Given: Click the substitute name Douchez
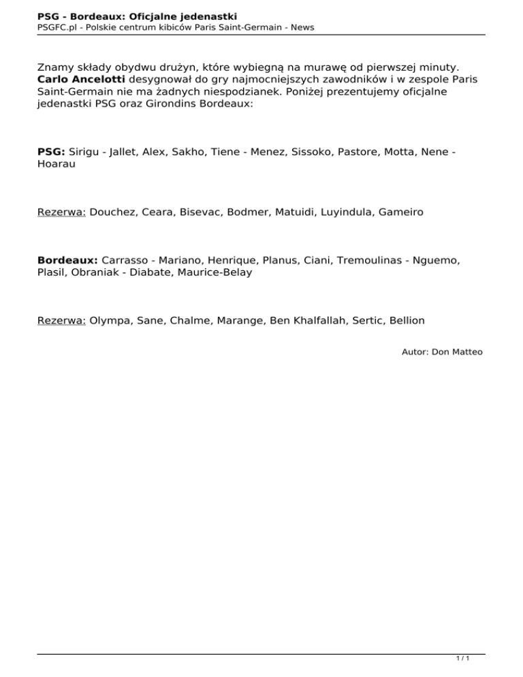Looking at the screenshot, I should click(x=112, y=212).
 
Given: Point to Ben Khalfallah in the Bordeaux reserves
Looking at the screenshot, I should click(x=308, y=320).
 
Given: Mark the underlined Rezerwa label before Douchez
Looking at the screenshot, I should click(x=61, y=212).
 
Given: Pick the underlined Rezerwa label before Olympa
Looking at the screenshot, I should click(x=61, y=320).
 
